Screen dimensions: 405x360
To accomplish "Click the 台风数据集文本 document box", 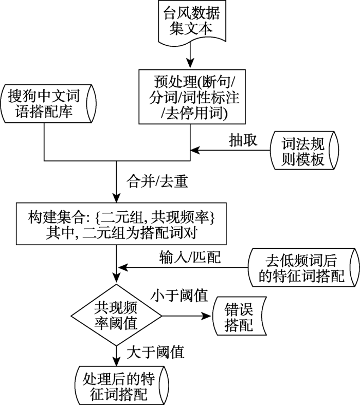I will (191, 21).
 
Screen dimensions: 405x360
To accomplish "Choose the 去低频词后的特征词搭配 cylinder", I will (302, 268).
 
